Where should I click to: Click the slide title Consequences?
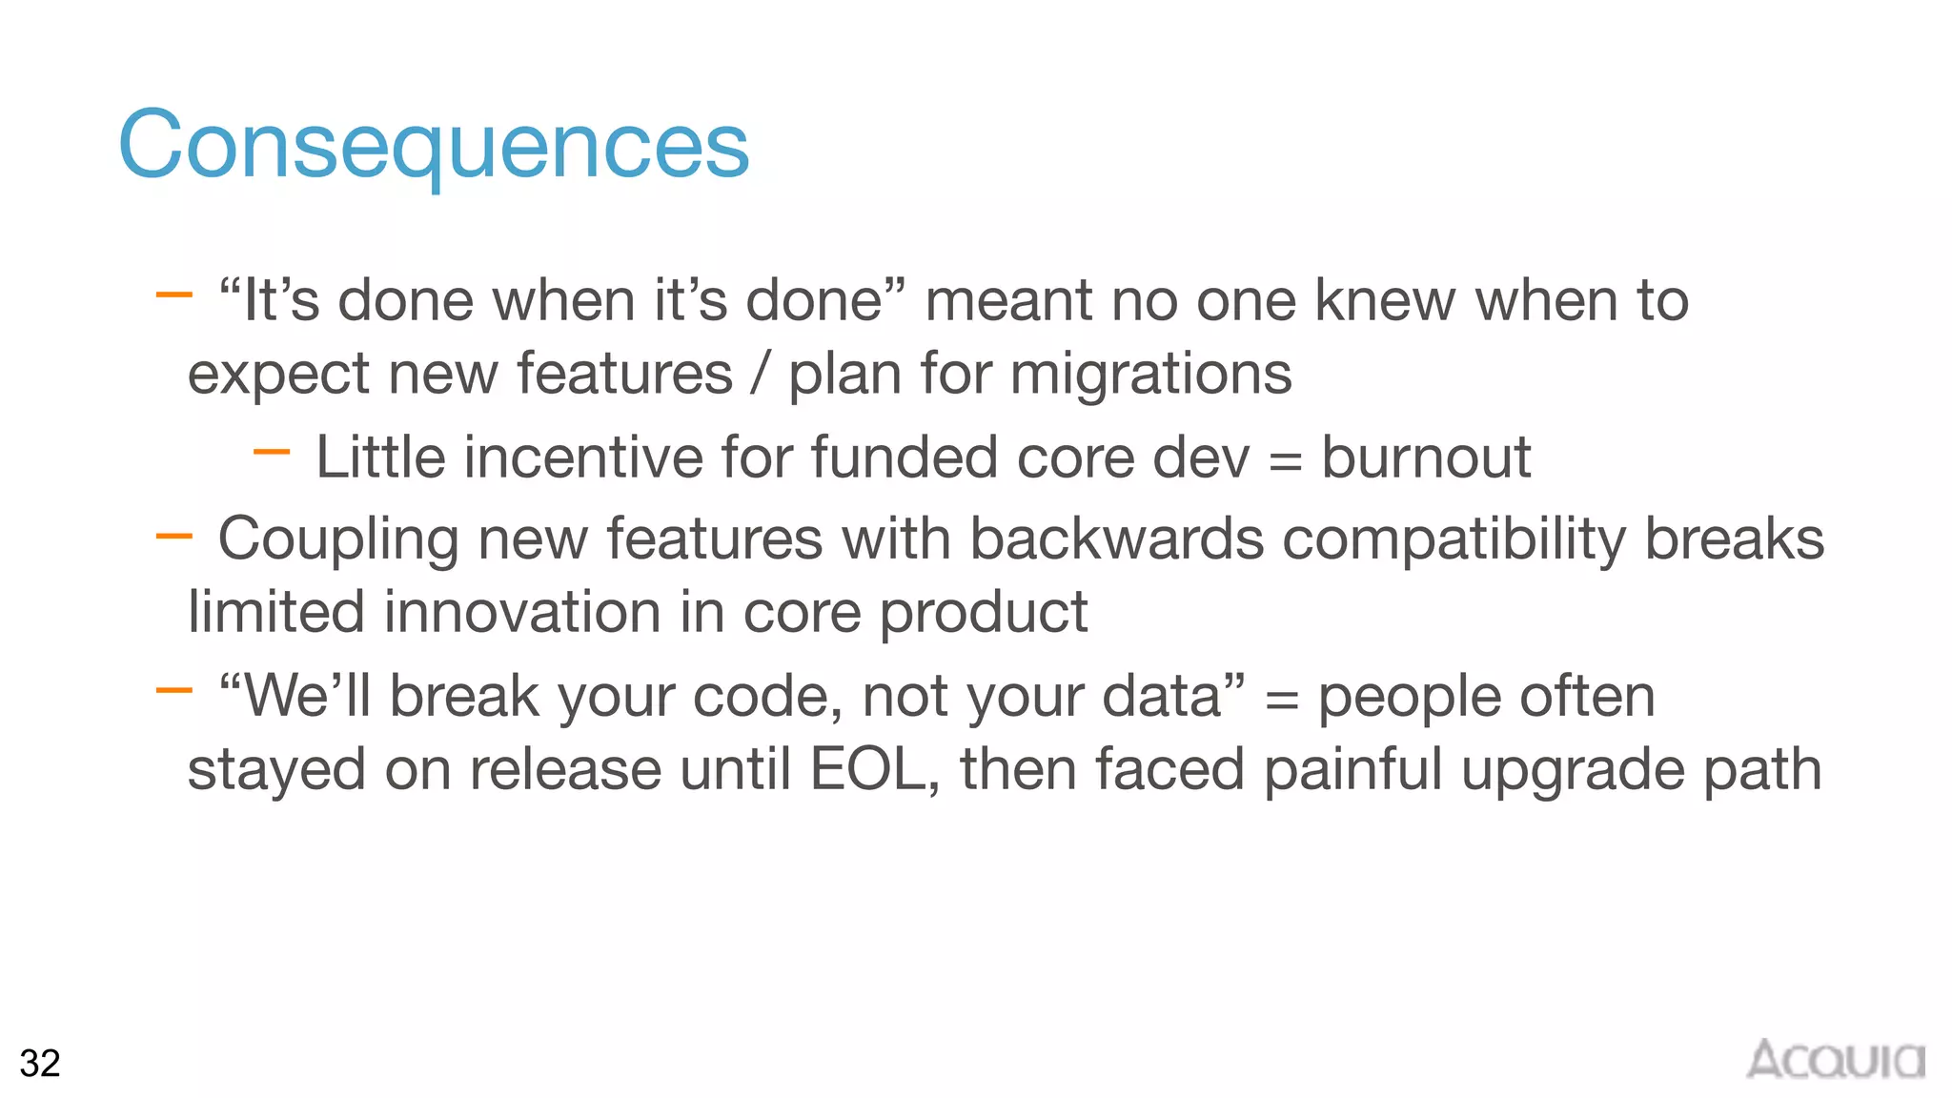coord(434,145)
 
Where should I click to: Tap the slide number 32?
coord(40,1063)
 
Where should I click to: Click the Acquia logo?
coord(1836,1060)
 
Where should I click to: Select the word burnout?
coord(1426,457)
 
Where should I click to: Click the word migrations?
coord(1150,373)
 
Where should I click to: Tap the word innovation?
coord(522,612)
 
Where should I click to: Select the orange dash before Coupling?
coord(173,537)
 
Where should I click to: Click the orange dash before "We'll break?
coord(173,690)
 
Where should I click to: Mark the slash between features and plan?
coord(760,373)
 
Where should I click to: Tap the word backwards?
coord(1117,539)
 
